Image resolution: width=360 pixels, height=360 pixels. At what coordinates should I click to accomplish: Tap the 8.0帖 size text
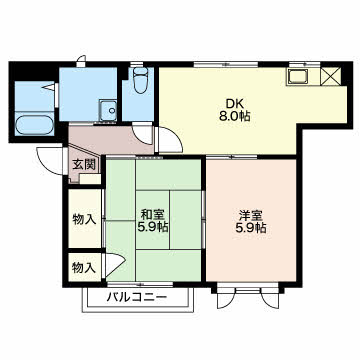pos(233,116)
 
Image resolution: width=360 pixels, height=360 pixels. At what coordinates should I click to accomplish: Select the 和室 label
pos(153,214)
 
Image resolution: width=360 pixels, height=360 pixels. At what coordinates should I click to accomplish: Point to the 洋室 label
pos(252,215)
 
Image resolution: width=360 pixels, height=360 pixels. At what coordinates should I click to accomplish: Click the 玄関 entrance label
pos(85,164)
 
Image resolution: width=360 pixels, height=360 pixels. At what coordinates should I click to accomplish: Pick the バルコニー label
pos(137,296)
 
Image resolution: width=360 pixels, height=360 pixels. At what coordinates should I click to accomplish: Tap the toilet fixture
pos(140,80)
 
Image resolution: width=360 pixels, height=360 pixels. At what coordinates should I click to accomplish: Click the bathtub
pos(34,125)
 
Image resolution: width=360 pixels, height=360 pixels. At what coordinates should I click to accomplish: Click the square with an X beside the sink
pos(331,76)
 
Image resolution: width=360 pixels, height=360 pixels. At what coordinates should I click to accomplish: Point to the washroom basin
pos(108,110)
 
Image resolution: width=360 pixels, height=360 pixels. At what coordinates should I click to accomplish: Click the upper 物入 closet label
pos(85,220)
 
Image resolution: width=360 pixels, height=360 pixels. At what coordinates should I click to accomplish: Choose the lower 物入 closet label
pos(85,268)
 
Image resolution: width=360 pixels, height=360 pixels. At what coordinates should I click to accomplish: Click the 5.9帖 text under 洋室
pos(252,228)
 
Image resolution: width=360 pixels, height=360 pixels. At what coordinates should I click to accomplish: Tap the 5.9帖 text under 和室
pos(153,227)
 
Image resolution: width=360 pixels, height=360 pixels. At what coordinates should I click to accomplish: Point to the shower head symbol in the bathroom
pos(49,87)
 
